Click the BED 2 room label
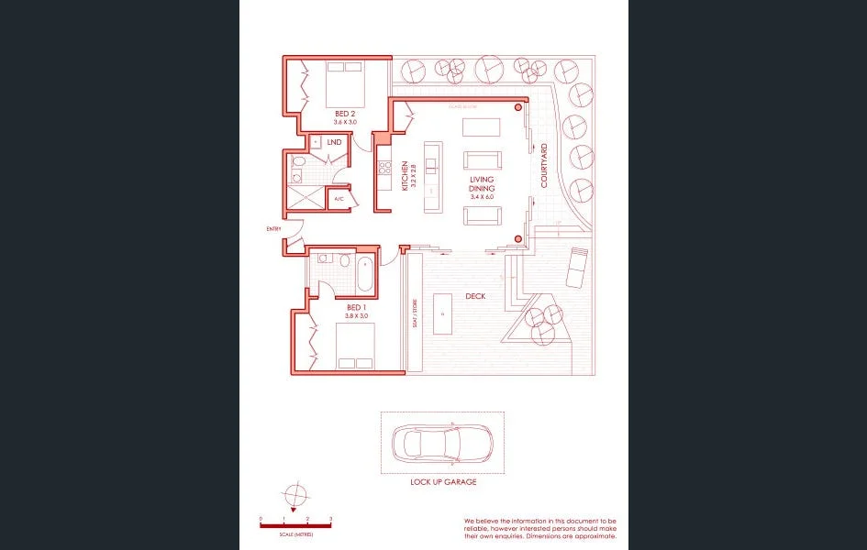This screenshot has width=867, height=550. (345, 114)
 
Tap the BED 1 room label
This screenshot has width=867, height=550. (356, 307)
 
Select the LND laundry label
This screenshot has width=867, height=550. (334, 142)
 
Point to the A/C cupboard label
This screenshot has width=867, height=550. (339, 198)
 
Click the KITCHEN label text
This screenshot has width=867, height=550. (405, 175)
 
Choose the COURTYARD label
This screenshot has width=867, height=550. (544, 166)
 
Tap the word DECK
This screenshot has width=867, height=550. (475, 296)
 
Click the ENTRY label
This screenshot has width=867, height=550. (273, 228)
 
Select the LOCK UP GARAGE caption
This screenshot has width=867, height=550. (443, 481)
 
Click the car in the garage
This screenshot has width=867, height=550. (442, 444)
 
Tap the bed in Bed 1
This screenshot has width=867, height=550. (354, 346)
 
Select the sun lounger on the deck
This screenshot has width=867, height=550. (577, 267)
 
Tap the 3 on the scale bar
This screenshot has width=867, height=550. (330, 519)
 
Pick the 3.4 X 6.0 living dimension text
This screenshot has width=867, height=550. (483, 196)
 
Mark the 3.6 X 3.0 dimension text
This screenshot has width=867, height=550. (345, 122)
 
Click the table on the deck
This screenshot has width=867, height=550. (443, 313)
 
